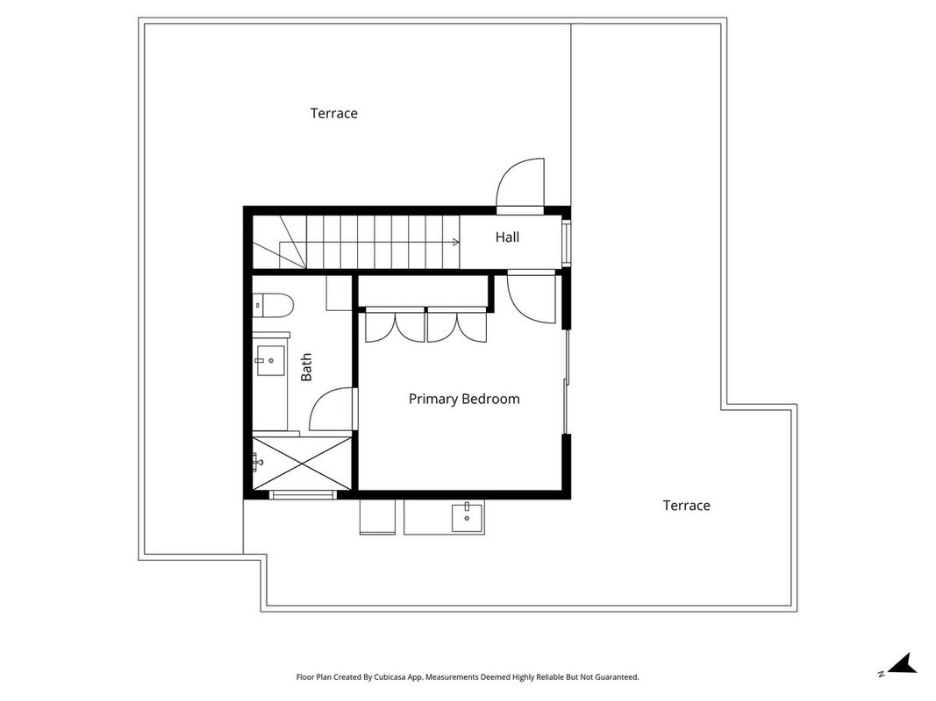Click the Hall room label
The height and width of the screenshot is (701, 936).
point(507,237)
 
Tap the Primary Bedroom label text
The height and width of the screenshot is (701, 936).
point(464,399)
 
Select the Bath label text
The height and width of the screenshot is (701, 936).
point(306,367)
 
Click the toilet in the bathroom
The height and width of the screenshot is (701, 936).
point(273,306)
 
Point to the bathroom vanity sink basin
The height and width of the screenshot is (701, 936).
point(270,360)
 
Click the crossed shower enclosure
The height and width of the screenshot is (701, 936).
point(302,463)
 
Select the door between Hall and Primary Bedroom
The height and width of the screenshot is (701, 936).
point(532,297)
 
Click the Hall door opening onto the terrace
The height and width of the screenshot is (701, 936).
point(520,186)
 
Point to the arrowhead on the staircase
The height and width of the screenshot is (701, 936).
point(457,242)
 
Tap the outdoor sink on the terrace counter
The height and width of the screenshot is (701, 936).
point(467,516)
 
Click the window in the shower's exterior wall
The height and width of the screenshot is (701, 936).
point(303,495)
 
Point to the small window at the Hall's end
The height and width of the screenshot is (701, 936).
point(566,242)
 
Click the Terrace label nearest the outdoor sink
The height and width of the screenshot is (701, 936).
point(687,506)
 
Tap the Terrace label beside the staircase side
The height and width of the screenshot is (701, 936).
point(333,113)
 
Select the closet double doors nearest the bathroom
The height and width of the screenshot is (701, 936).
point(395,325)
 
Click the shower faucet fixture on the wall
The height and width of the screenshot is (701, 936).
point(257,462)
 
